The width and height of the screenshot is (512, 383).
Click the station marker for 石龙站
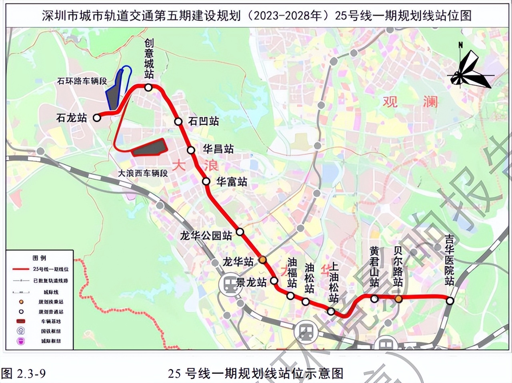pyautogui.click(x=96, y=118)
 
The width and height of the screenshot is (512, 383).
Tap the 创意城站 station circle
pyautogui.click(x=148, y=88)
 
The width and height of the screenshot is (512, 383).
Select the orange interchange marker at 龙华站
pyautogui.click(x=263, y=260)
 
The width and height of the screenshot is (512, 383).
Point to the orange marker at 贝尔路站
pyautogui.click(x=398, y=299)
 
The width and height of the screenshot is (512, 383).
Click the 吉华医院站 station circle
pyautogui.click(x=450, y=301)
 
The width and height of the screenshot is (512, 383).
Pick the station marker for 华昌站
pyautogui.click(x=191, y=150)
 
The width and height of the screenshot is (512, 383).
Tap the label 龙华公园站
pyautogui.click(x=206, y=235)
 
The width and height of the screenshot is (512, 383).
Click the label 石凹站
pyautogui.click(x=204, y=121)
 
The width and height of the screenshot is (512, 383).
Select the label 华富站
pyautogui.click(x=232, y=182)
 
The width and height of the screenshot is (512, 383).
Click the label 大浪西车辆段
pyautogui.click(x=143, y=173)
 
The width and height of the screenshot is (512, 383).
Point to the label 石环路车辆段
pyautogui.click(x=82, y=81)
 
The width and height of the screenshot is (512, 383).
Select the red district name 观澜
pyautogui.click(x=410, y=102)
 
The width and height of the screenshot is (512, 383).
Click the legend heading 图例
pyautogui.click(x=39, y=258)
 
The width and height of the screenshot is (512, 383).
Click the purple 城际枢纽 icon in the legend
pyautogui.click(x=21, y=341)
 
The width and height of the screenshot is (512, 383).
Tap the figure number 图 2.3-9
pyautogui.click(x=24, y=373)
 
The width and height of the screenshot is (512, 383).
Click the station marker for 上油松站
pyautogui.click(x=331, y=311)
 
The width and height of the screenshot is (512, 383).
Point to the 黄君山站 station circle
pyautogui.click(x=374, y=299)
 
